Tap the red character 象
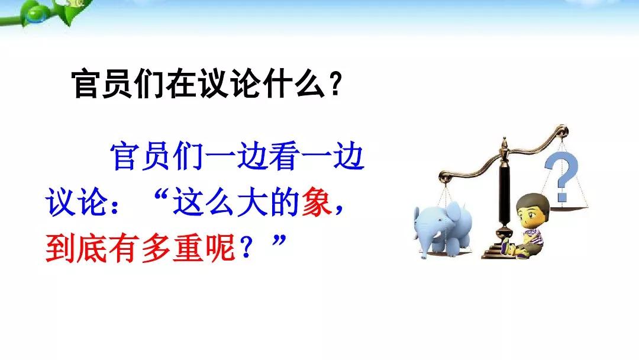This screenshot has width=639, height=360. pos(317,202)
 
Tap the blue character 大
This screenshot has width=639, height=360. pos(253,202)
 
